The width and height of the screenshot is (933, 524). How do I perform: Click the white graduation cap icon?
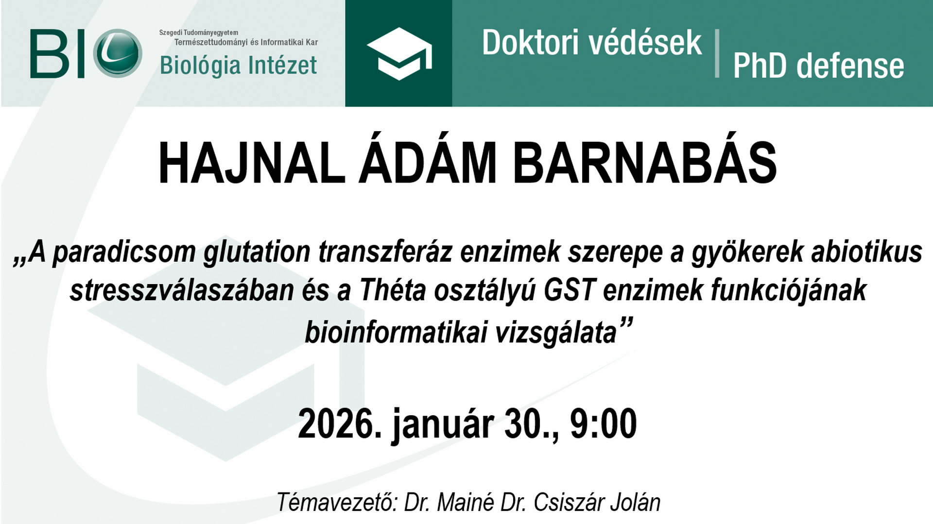(x=399, y=53)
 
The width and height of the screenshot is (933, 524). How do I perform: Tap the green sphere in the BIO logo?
(x=118, y=53)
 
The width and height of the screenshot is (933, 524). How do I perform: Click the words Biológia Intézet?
(x=238, y=66)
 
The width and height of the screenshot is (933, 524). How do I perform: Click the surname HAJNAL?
(x=252, y=163)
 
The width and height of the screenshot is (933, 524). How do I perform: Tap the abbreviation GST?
(x=570, y=290)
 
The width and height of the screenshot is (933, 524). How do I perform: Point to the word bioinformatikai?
(x=395, y=333)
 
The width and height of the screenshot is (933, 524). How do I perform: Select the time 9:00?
(x=603, y=424)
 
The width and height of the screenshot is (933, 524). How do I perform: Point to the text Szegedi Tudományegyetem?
(x=199, y=33)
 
